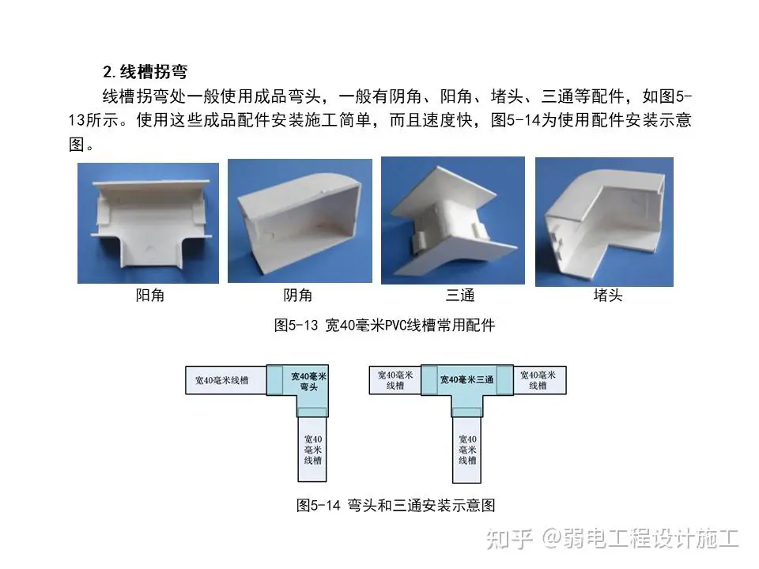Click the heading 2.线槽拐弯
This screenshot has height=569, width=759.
(x=145, y=72)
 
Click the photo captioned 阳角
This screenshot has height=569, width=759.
(x=148, y=223)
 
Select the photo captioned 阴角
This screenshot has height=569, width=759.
(x=300, y=220)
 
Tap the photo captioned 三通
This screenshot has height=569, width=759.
(x=453, y=220)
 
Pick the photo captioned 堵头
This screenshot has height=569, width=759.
(x=604, y=221)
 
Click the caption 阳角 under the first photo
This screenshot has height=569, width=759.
(x=150, y=295)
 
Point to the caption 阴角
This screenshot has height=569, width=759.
(x=298, y=295)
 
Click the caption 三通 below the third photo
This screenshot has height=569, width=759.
(x=460, y=295)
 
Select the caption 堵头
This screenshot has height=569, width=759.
(x=608, y=295)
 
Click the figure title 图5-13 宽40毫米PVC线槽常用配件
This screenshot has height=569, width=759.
(x=385, y=325)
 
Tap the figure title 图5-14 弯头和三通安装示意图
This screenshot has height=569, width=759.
(x=395, y=506)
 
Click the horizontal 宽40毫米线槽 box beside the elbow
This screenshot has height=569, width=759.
(x=226, y=380)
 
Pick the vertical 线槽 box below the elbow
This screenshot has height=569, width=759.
(x=312, y=450)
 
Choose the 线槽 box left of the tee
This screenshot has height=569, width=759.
(x=395, y=380)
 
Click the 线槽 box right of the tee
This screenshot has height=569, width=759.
(x=539, y=380)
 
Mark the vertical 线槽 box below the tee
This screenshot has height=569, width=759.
(x=466, y=450)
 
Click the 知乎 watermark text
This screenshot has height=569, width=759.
(x=509, y=538)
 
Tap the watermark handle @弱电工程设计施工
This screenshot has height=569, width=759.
(x=641, y=538)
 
